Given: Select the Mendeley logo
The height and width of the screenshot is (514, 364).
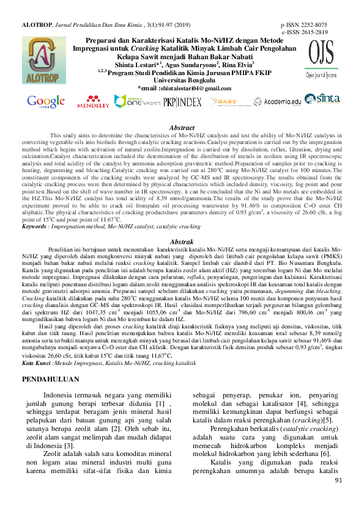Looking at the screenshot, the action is tap(94, 102).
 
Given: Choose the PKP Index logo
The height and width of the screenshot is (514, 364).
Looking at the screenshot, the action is tap(182, 102).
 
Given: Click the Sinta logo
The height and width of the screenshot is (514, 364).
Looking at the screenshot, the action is tap(329, 99).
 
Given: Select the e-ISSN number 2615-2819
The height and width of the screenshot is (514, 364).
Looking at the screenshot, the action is tap(314, 32).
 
